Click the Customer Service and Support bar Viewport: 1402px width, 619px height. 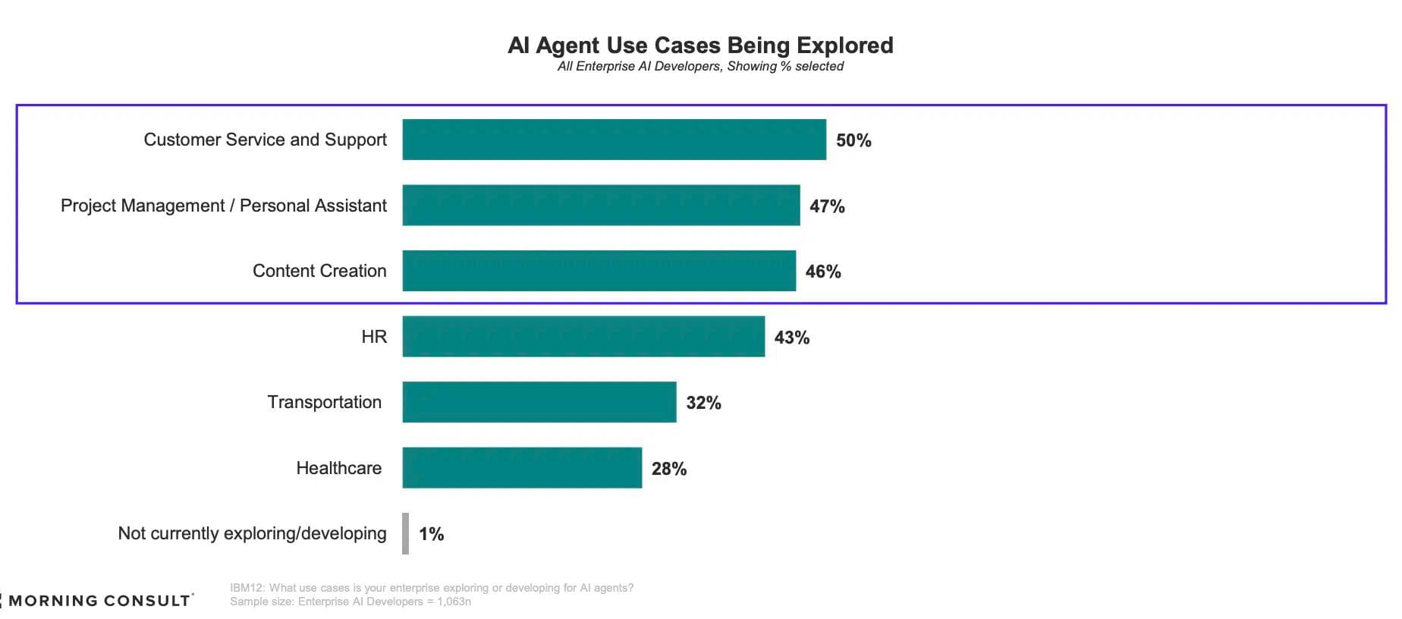coord(614,140)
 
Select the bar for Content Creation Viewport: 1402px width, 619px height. coord(599,271)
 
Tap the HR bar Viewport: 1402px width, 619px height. coord(583,336)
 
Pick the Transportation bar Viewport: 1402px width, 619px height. coord(539,402)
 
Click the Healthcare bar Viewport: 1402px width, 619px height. coord(522,468)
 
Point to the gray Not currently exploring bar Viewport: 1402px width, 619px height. coord(406,533)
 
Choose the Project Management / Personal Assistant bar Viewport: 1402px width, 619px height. coord(601,205)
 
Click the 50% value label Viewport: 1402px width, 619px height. coord(853,140)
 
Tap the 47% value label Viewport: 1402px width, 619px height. coord(827,206)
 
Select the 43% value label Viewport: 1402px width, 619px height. coord(791,338)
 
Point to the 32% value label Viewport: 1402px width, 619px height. coord(703,403)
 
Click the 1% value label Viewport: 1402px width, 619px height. coord(431,534)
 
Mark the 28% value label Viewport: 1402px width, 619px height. coord(668,469)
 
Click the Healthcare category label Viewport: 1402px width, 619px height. coord(338,468)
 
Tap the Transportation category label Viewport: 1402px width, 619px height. coord(324,402)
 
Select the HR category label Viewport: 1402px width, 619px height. coord(374,337)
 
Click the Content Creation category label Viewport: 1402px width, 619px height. coord(319,271)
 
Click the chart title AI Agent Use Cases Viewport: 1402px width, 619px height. coord(700,46)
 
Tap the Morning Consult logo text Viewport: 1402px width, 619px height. coord(99,601)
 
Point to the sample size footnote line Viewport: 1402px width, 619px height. coord(350,602)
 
